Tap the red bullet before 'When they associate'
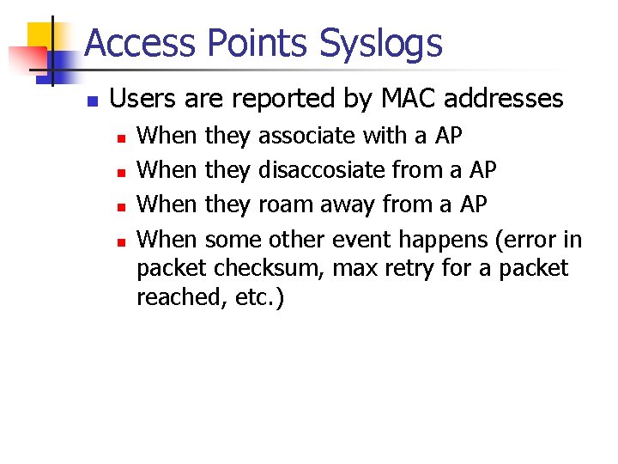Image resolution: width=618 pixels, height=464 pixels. click(x=122, y=137)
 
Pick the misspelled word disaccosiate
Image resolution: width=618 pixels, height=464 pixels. click(x=322, y=170)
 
